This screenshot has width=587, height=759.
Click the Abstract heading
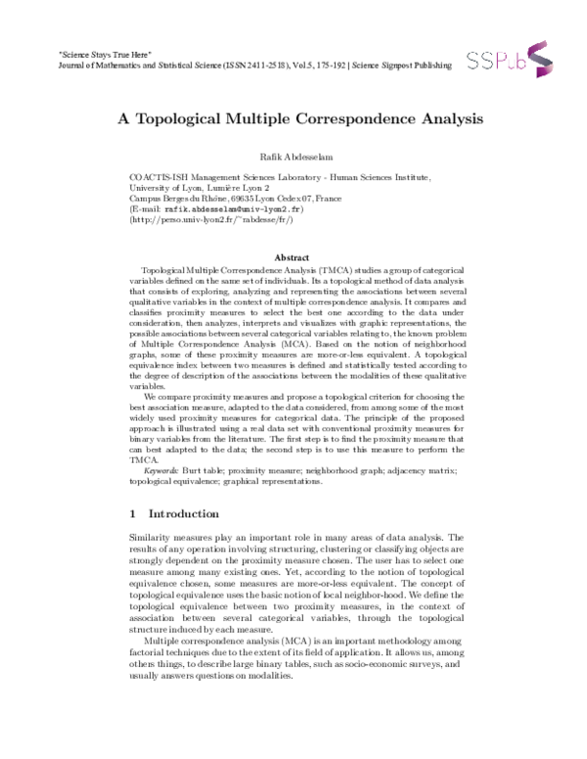point(293,257)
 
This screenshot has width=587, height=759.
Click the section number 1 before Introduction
point(133,513)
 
